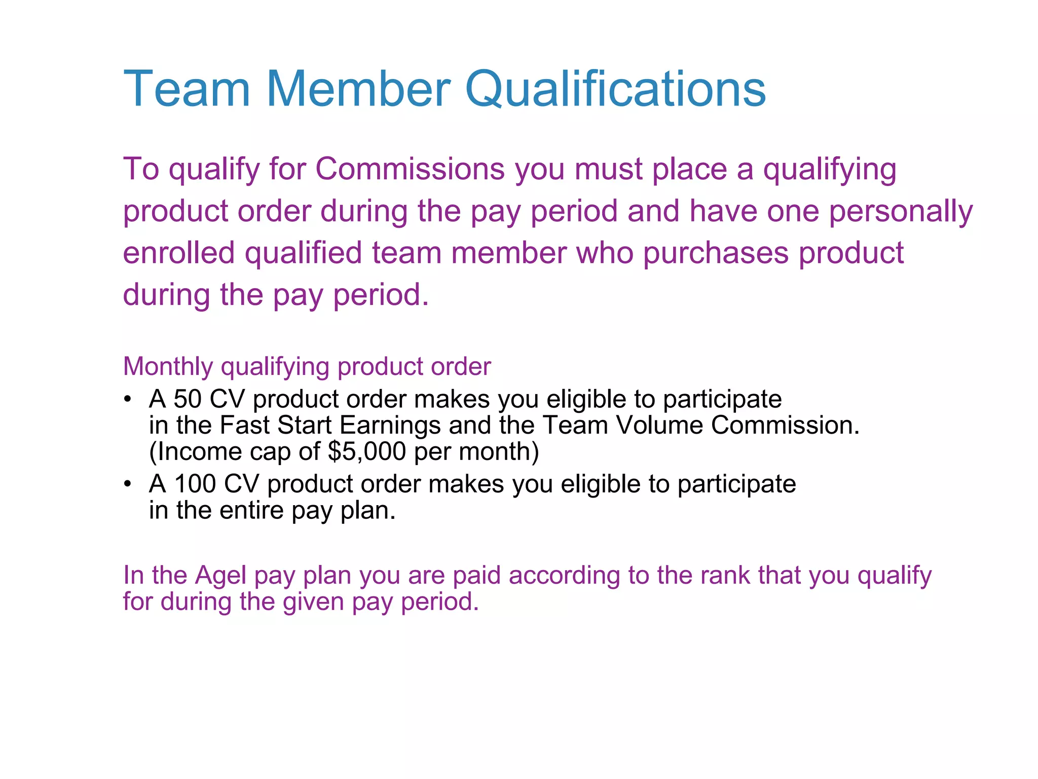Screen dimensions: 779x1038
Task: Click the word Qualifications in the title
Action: [x=615, y=90]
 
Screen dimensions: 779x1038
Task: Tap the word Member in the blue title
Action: [x=358, y=90]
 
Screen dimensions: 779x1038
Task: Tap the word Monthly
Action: [x=168, y=367]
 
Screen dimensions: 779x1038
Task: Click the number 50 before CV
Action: [x=188, y=399]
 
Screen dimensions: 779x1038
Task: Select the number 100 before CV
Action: [x=195, y=484]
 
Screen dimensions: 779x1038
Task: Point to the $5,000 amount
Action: [x=367, y=451]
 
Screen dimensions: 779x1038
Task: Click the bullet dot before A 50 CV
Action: [x=129, y=399]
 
